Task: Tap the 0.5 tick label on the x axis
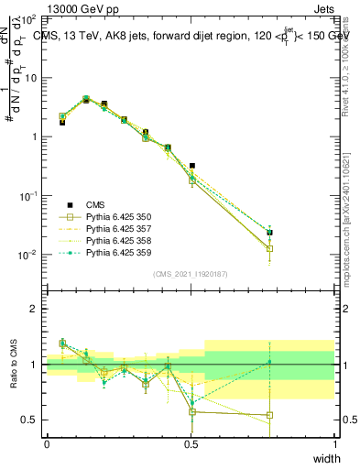click(191, 444)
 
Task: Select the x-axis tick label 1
click(334, 444)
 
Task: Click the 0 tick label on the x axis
click(47, 444)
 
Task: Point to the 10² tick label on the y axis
click(29, 19)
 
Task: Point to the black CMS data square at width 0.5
click(191, 166)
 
